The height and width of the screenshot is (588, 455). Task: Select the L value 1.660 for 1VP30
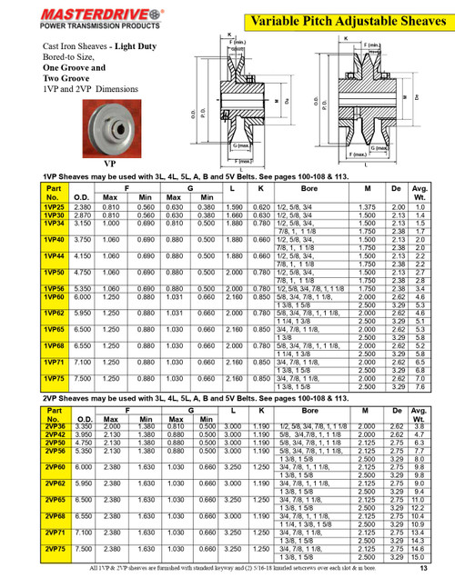[234, 215]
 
